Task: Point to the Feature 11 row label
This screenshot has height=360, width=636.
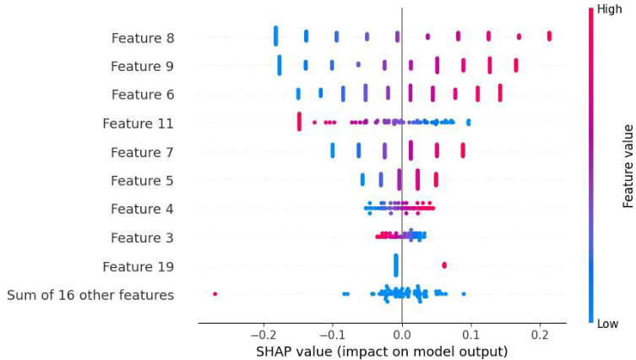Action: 138,123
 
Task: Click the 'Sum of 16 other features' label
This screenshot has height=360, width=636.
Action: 90,295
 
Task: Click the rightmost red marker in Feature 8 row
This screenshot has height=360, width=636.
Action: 549,35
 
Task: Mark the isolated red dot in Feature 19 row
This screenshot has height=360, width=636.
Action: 444,265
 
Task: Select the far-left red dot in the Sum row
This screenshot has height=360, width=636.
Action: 215,293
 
